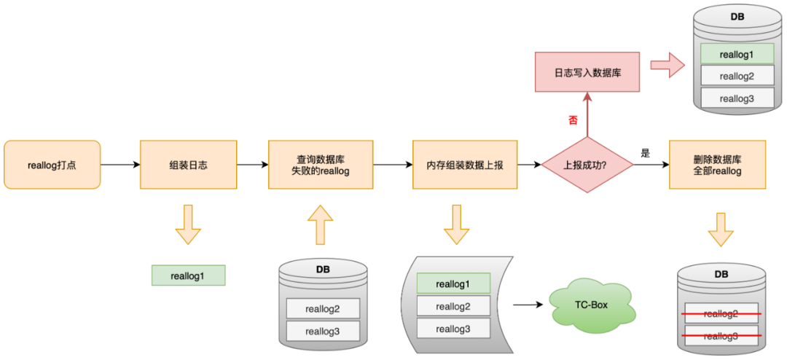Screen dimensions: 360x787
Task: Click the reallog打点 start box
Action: click(x=52, y=165)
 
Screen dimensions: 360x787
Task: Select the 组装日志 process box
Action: click(x=188, y=165)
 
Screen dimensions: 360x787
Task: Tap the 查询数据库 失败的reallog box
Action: click(x=321, y=165)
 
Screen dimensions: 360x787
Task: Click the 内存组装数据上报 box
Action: click(x=465, y=165)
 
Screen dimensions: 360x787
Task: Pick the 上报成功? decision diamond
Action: click(x=587, y=165)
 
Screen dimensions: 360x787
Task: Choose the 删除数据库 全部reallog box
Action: click(x=717, y=165)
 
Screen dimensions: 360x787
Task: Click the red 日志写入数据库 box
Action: click(x=587, y=71)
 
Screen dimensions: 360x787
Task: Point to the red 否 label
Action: click(x=573, y=119)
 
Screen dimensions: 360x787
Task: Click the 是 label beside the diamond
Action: click(x=644, y=154)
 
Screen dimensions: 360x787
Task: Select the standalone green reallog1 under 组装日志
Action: click(x=188, y=275)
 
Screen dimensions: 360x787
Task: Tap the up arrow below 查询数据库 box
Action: click(x=320, y=224)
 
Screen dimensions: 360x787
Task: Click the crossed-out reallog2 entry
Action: click(x=721, y=313)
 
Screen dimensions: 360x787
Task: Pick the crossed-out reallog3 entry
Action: click(x=721, y=337)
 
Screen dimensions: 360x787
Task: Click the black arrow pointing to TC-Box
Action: click(x=528, y=304)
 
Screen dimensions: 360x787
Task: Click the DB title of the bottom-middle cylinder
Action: click(x=322, y=269)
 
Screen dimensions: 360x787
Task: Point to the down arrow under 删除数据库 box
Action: click(x=720, y=228)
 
